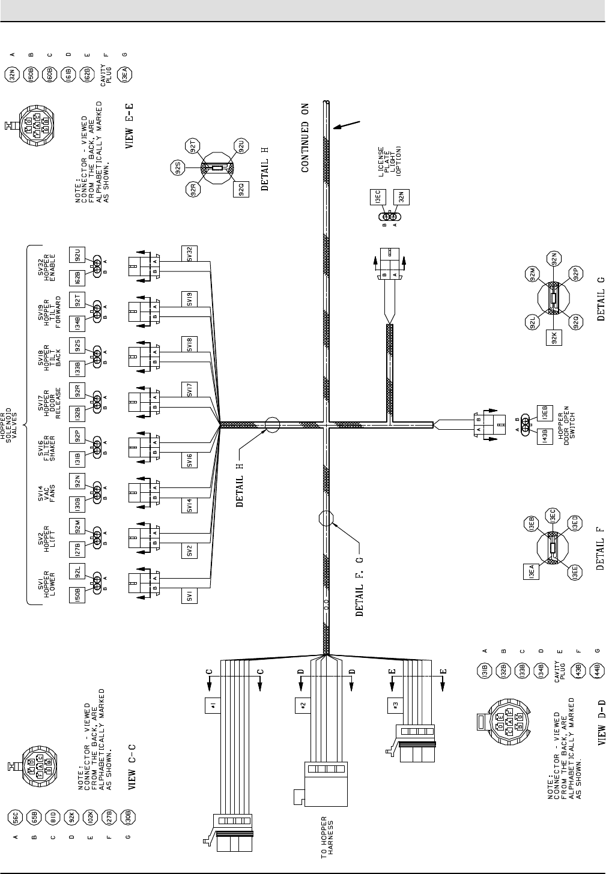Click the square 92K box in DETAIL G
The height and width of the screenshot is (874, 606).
(x=555, y=338)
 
